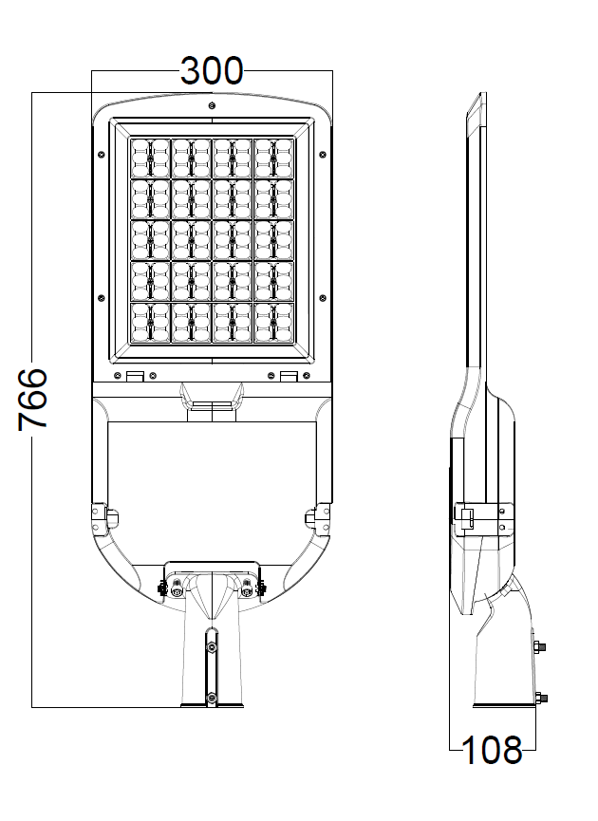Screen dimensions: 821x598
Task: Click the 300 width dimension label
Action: [x=212, y=71]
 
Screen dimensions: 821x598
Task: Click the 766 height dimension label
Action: [x=33, y=399]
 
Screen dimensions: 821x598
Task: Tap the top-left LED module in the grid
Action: [x=150, y=158]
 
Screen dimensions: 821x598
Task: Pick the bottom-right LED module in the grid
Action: [x=273, y=322]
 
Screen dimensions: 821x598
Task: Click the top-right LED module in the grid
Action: [x=273, y=158]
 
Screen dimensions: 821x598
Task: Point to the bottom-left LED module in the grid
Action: [x=150, y=322]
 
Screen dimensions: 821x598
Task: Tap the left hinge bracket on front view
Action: [x=103, y=516]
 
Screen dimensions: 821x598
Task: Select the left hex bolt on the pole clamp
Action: [x=177, y=590]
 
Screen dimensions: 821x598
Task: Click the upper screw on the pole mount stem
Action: [x=212, y=645]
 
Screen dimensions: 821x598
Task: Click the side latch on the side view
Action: [x=466, y=515]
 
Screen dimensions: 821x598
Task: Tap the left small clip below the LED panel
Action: [x=136, y=376]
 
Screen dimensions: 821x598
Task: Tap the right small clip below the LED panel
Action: [x=288, y=376]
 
